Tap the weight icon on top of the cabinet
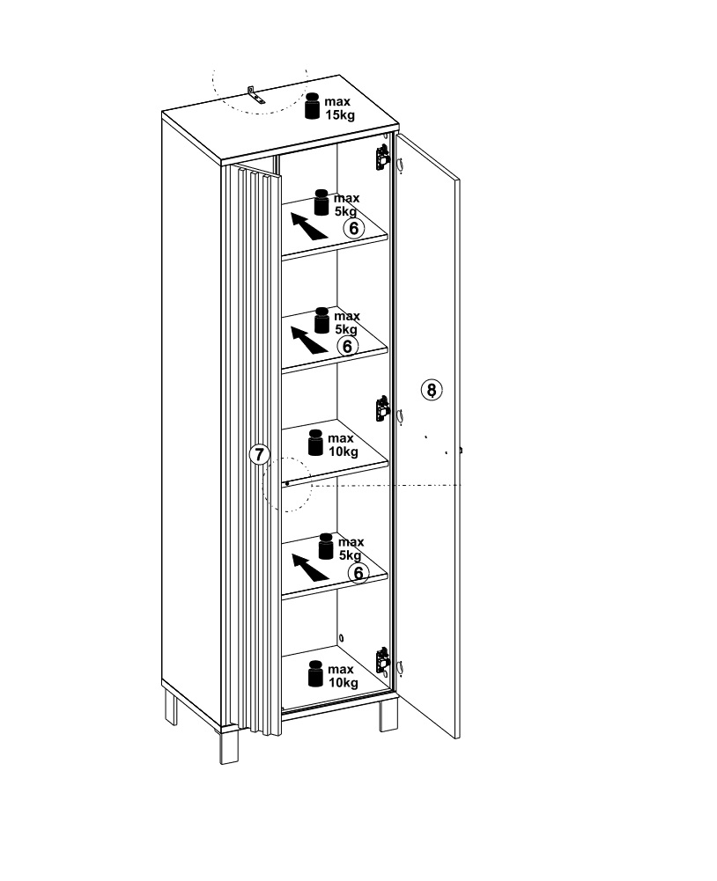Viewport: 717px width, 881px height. (x=313, y=106)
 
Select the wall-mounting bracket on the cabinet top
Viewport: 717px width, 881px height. (x=256, y=96)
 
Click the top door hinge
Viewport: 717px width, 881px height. (x=382, y=158)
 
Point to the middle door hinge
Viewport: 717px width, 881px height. (x=382, y=408)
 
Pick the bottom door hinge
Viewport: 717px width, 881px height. (x=382, y=660)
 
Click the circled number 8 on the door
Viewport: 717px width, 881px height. (x=432, y=390)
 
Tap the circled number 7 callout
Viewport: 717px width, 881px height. (x=259, y=454)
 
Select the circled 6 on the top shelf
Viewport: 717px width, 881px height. (x=354, y=228)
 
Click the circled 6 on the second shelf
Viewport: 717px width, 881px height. (x=348, y=346)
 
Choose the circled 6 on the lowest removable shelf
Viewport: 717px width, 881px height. (x=358, y=573)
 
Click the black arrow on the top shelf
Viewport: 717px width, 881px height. (x=308, y=226)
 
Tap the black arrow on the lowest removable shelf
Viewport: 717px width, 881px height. (x=310, y=567)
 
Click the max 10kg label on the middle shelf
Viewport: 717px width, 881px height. (x=343, y=445)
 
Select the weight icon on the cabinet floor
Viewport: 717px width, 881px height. (x=316, y=673)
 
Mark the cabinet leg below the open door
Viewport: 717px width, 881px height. (x=388, y=716)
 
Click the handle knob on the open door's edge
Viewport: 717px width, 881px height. (x=461, y=450)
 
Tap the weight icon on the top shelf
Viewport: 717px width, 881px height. (x=322, y=202)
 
